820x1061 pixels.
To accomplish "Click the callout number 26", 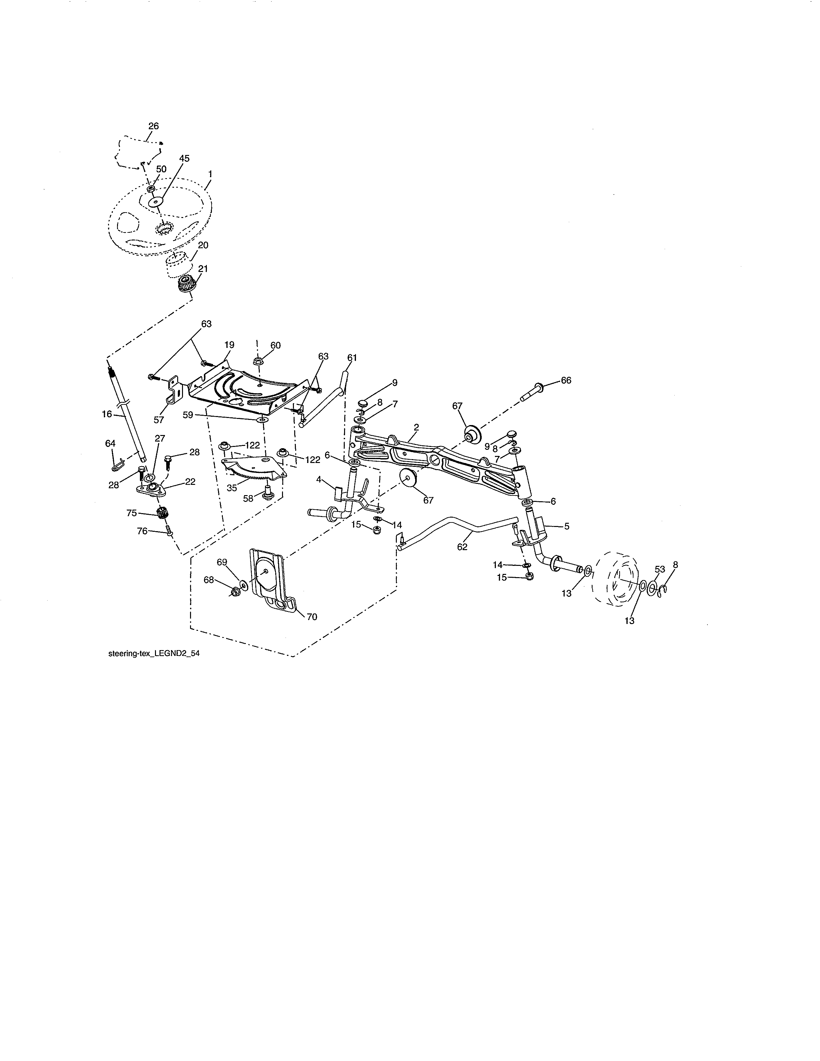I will (x=153, y=126).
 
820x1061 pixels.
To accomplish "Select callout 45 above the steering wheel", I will (x=184, y=159).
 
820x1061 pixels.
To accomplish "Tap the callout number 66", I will (x=566, y=380).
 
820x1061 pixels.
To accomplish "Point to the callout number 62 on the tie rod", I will (x=462, y=547).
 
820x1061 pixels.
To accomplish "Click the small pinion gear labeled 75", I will (x=162, y=512).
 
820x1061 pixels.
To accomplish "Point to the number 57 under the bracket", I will (x=159, y=420).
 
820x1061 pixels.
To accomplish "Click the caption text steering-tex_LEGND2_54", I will (x=153, y=654).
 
